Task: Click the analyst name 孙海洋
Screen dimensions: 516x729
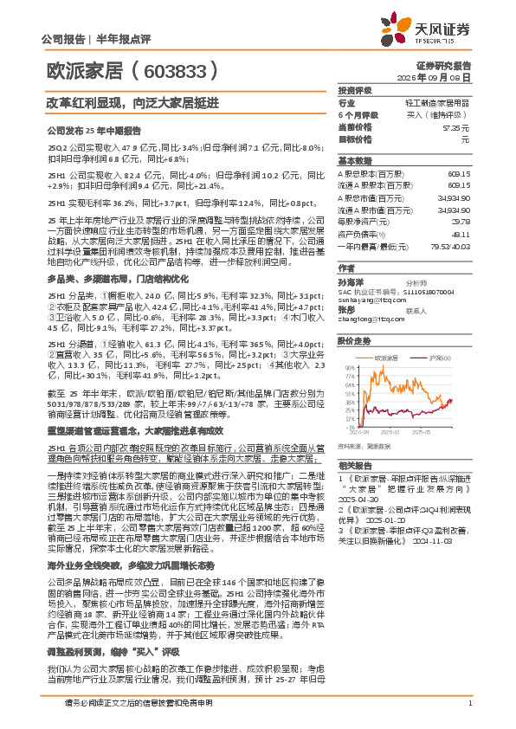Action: [x=350, y=282]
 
